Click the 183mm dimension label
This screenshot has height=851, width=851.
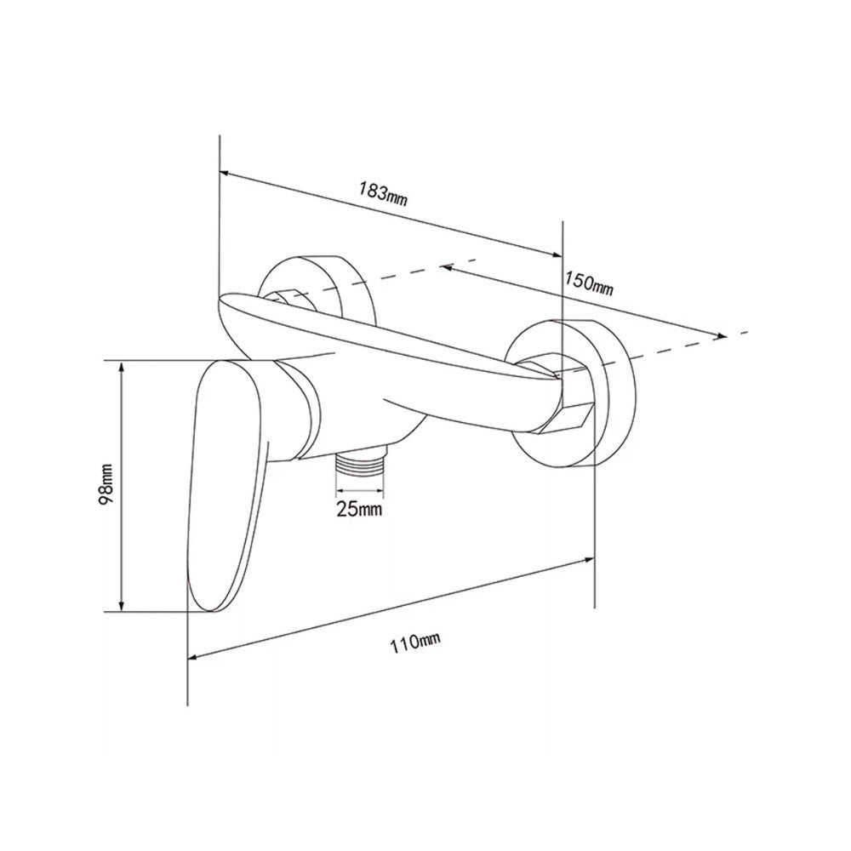pyautogui.click(x=383, y=194)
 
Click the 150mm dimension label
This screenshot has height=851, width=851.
pyautogui.click(x=589, y=283)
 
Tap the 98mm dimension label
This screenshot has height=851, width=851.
pyautogui.click(x=106, y=484)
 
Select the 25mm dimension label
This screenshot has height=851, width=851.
pyautogui.click(x=359, y=509)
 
